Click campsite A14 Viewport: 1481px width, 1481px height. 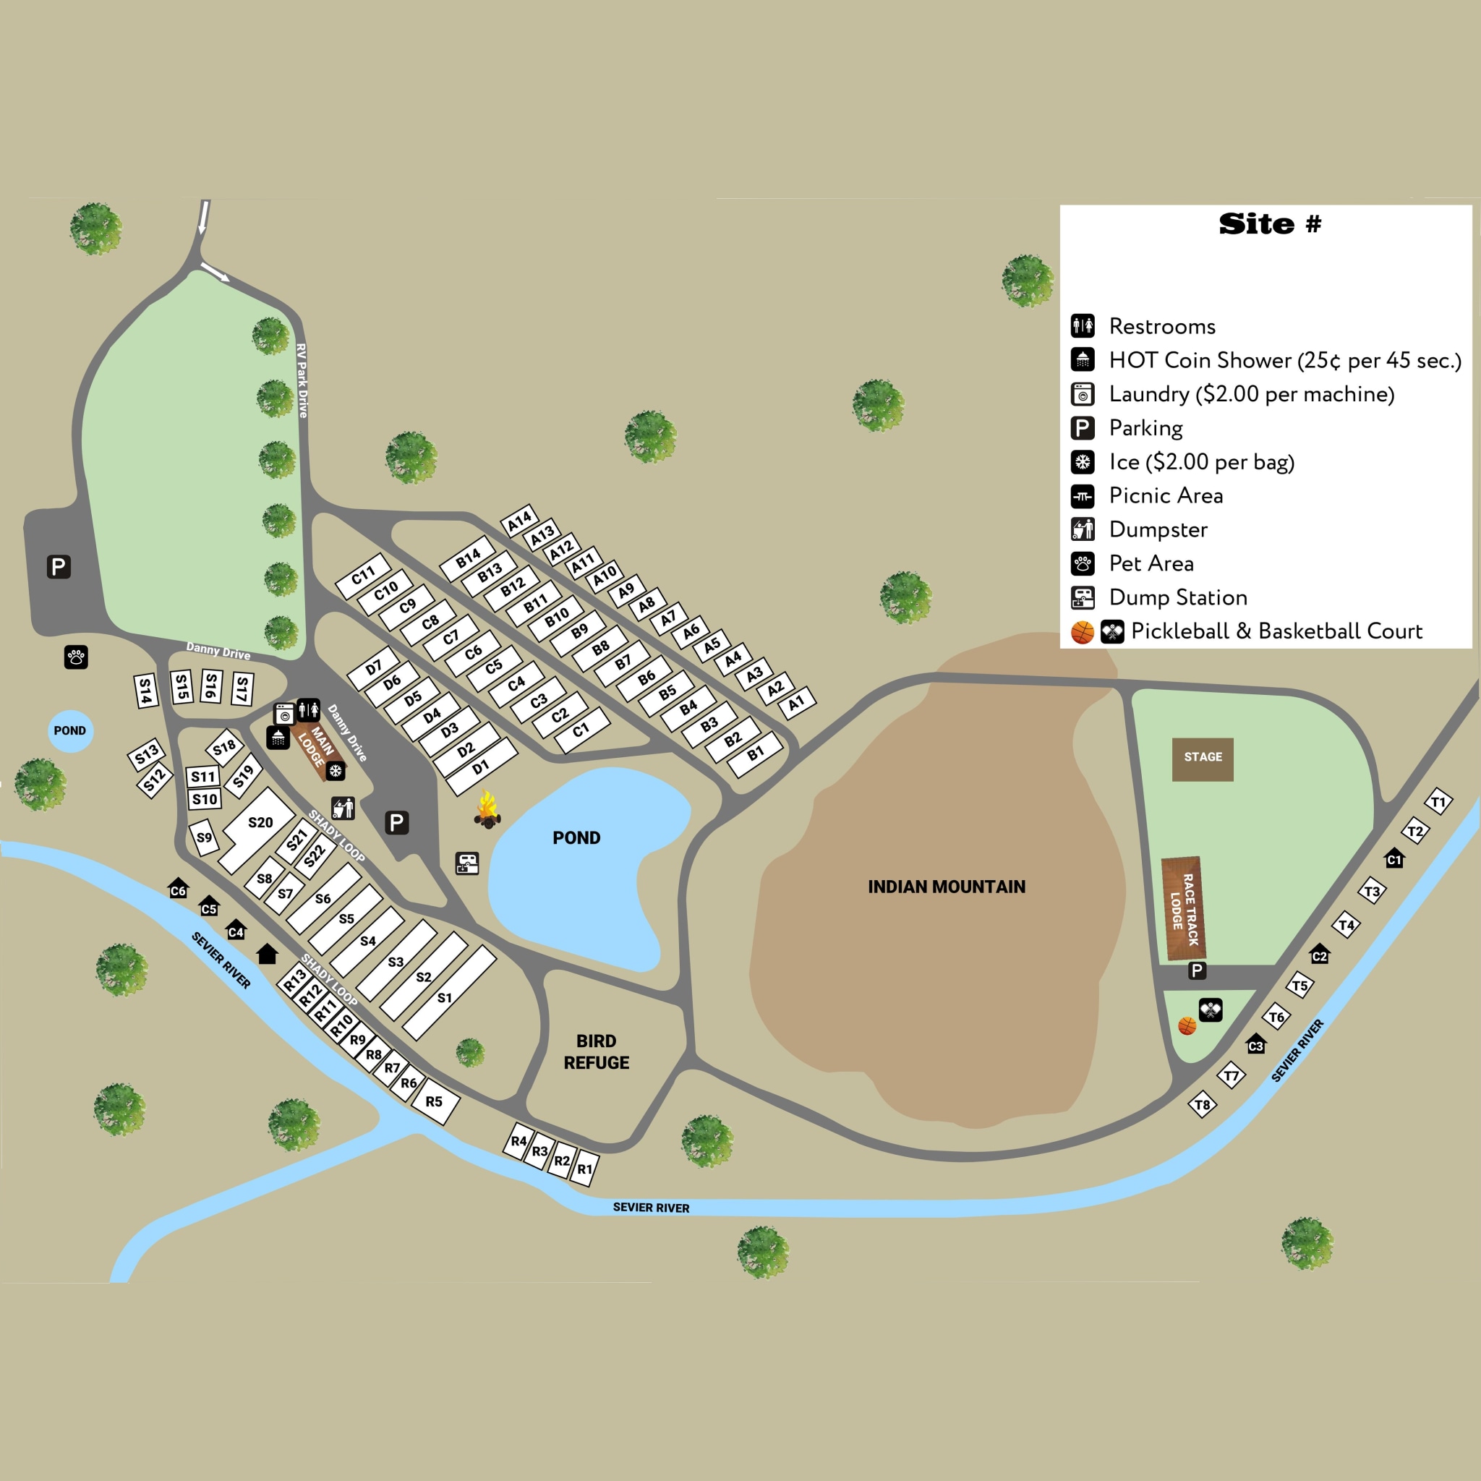click(519, 521)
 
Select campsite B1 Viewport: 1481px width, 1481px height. click(756, 754)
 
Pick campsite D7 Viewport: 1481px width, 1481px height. click(373, 667)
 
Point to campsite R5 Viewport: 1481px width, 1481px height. click(434, 1101)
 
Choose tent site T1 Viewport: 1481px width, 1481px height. click(1438, 803)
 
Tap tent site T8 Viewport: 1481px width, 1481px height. click(1202, 1105)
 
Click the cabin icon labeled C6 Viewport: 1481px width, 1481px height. click(178, 889)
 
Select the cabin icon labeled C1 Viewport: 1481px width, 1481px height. click(1394, 858)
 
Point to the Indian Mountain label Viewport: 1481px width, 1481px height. click(946, 887)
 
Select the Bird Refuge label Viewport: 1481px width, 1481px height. click(597, 1051)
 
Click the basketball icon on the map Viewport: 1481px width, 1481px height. click(1187, 1025)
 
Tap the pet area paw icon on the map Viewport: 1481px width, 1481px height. click(76, 657)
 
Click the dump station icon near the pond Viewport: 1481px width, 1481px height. click(467, 863)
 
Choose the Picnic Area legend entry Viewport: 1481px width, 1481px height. click(1165, 496)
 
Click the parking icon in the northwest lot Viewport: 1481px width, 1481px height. click(59, 566)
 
